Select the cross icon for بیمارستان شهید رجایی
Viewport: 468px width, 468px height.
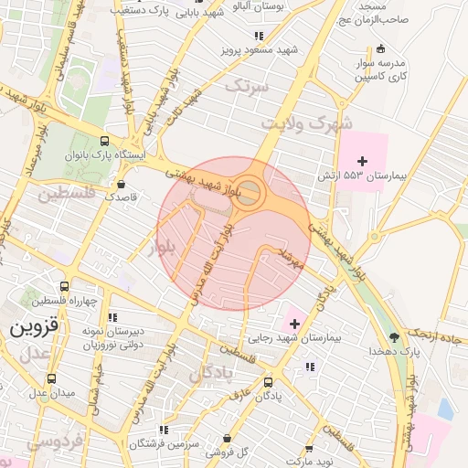(295, 323)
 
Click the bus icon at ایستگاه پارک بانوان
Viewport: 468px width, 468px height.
(105, 142)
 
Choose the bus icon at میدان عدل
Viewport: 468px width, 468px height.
(51, 378)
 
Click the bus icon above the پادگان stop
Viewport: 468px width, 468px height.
(268, 382)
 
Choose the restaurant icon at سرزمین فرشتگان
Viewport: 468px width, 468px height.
(164, 429)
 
